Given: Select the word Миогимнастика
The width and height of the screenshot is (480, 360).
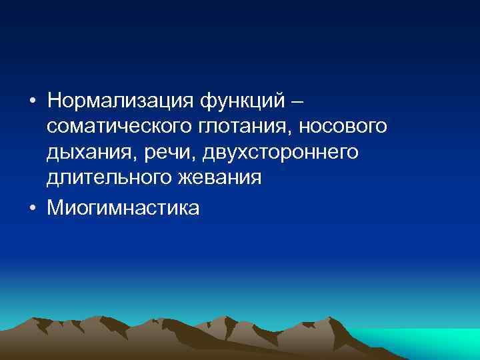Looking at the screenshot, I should (123, 208).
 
